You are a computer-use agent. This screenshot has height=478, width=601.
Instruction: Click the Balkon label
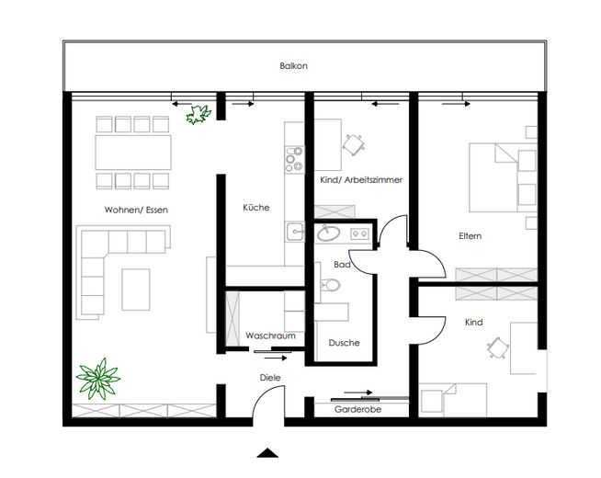[293, 66]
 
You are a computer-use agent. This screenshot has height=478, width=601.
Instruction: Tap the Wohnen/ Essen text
[136, 210]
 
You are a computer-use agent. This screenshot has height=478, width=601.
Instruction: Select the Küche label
[256, 208]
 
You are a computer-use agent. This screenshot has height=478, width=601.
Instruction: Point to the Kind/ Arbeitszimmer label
[361, 180]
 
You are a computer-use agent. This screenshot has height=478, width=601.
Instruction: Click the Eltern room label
[471, 236]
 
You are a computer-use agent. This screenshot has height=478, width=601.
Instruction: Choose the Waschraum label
[270, 336]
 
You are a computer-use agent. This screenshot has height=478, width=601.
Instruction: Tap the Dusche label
[344, 343]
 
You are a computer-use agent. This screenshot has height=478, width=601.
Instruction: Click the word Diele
[270, 378]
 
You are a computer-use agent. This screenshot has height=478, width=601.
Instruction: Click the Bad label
[343, 264]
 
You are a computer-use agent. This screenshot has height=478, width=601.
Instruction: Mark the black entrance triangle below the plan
[266, 452]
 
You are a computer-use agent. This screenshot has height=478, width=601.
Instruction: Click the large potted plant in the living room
[97, 377]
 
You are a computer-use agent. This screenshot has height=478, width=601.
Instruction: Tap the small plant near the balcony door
[196, 114]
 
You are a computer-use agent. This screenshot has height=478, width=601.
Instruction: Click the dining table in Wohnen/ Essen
[134, 148]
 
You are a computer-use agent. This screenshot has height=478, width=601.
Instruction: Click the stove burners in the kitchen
[294, 161]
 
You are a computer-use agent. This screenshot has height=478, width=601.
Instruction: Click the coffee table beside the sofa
[138, 290]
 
